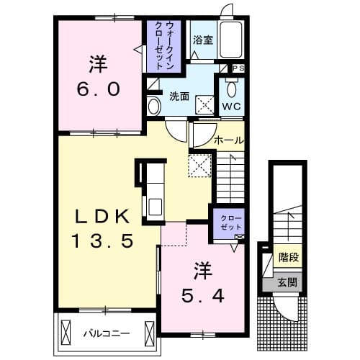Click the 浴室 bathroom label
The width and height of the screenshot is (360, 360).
point(203,40)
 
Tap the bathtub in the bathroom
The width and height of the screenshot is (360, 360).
point(230,40)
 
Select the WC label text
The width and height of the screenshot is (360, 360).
point(231,107)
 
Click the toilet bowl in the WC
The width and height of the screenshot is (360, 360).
point(232,89)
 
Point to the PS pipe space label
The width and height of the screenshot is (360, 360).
point(239,68)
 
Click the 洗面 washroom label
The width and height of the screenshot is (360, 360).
point(179,96)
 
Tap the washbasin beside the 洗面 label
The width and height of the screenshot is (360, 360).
point(154,107)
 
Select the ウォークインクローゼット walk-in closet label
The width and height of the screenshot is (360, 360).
point(164,45)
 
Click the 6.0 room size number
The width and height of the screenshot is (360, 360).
point(99,89)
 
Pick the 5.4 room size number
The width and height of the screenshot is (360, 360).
point(203,296)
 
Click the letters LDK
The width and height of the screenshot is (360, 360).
point(103,217)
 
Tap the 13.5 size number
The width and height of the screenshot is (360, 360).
point(103,241)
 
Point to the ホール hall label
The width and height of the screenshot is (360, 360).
point(229,140)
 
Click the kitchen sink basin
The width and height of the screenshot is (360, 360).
point(155,207)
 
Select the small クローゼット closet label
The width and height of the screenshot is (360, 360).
point(231,222)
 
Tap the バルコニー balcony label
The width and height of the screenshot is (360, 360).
point(107,333)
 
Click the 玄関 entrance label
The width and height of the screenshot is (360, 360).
point(287,282)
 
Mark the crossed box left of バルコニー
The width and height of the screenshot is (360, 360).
point(66,333)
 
